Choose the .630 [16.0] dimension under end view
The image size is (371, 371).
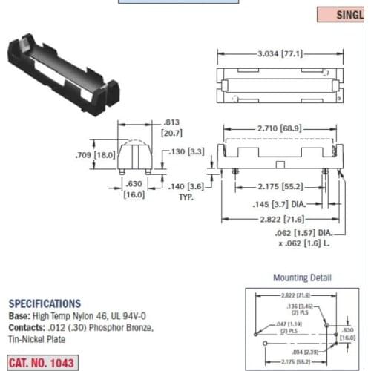pyautogui.click(x=134, y=188)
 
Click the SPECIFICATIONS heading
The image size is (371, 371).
pyautogui.click(x=45, y=303)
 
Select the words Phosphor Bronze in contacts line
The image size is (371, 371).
pyautogui.click(x=119, y=327)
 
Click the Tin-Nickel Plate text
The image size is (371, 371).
pyautogui.click(x=36, y=339)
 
